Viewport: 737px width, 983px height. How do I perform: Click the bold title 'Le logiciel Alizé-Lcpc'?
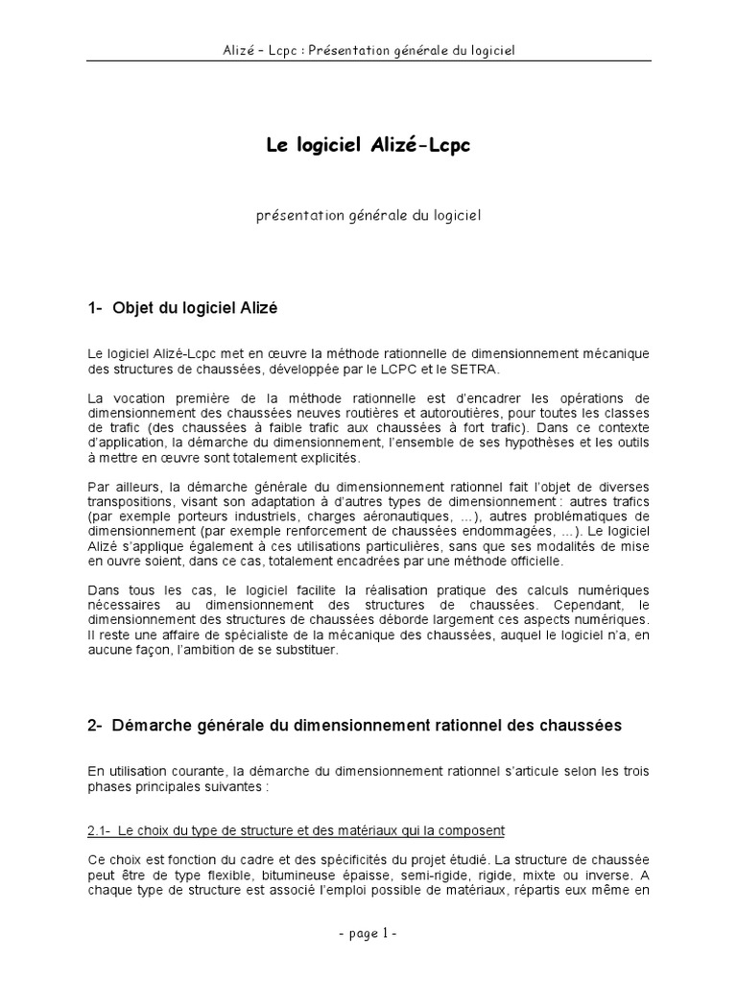click(x=368, y=145)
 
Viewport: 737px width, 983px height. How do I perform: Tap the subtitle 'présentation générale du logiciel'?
click(x=368, y=216)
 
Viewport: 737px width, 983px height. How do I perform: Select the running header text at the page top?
click(x=368, y=49)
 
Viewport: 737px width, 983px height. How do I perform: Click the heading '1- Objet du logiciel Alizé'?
click(x=182, y=308)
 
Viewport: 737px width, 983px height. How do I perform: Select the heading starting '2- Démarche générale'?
click(x=354, y=726)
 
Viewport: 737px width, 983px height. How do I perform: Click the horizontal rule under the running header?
click(x=368, y=61)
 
